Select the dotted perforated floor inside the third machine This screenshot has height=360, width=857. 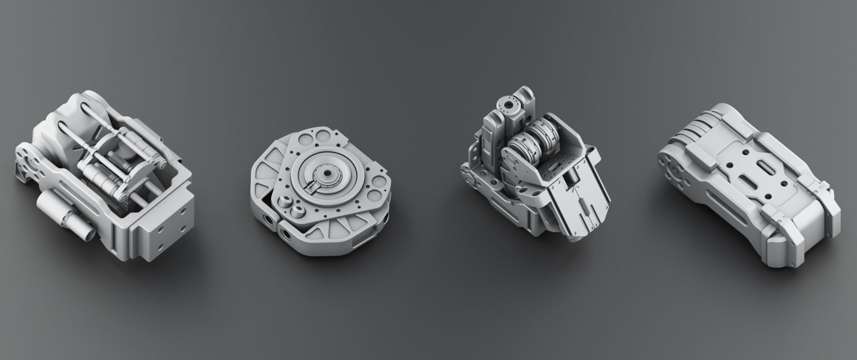[553, 170]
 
